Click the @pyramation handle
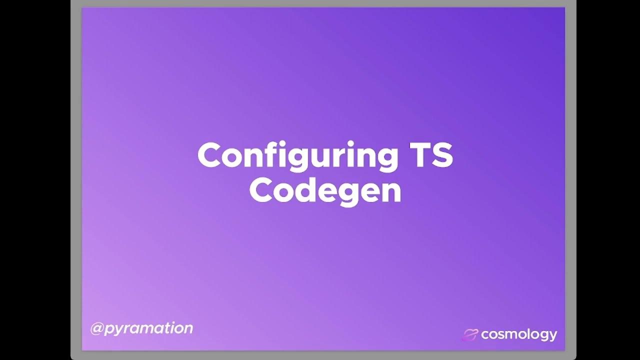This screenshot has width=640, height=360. tap(141, 328)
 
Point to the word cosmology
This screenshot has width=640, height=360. tap(518, 334)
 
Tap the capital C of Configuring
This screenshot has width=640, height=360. tap(209, 155)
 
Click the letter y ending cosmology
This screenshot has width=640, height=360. tap(552, 336)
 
